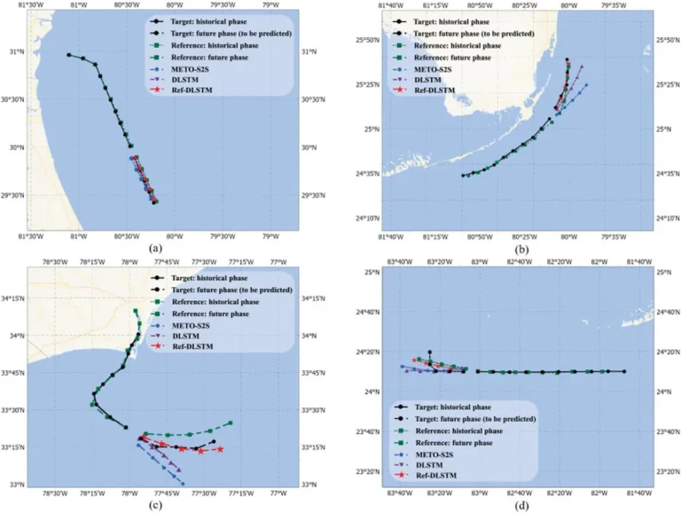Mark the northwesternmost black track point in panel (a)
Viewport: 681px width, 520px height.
click(x=68, y=55)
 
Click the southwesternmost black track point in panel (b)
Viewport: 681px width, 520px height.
click(x=463, y=175)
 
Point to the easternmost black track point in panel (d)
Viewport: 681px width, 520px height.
click(x=624, y=371)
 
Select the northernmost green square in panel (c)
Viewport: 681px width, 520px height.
click(x=136, y=311)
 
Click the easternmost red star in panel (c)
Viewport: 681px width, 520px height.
click(x=220, y=449)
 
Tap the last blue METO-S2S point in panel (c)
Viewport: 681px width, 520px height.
click(x=183, y=483)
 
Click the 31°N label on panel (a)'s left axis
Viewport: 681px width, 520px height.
click(x=14, y=52)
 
